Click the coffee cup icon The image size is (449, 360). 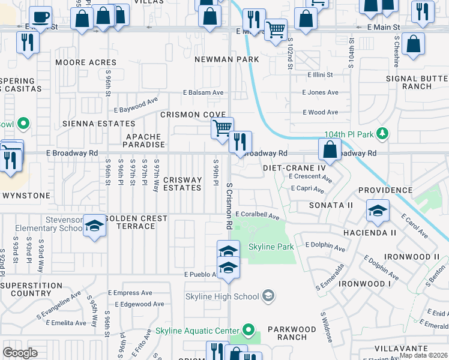[x=40, y=17]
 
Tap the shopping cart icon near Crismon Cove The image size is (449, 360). [x=222, y=128]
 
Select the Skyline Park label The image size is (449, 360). [x=271, y=247]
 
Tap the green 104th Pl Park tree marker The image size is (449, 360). [x=384, y=133]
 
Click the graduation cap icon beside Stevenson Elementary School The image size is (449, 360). [x=94, y=226]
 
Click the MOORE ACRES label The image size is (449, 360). [x=86, y=62]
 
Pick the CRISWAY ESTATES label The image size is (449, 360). [x=182, y=184]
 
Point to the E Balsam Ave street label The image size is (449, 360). [x=203, y=92]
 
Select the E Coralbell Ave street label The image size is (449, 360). [x=258, y=215]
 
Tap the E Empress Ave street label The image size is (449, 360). [x=128, y=293]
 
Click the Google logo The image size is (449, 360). [x=20, y=353]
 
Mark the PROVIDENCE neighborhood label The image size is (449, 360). [x=385, y=190]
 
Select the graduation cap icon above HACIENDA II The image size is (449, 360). [x=377, y=210]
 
